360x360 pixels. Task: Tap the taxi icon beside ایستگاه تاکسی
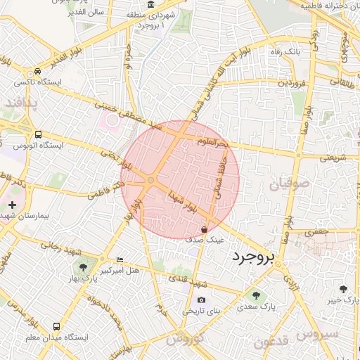pyautogui.click(x=37, y=72)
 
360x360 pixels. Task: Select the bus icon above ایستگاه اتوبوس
pyautogui.click(x=38, y=134)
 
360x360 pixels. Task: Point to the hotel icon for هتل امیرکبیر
pyautogui.click(x=120, y=259)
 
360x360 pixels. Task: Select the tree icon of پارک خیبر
pyautogui.click(x=343, y=289)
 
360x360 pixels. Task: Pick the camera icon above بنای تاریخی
pyautogui.click(x=202, y=300)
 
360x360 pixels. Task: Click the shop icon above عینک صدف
pyautogui.click(x=204, y=229)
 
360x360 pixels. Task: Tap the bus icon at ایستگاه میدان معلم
pyautogui.click(x=56, y=327)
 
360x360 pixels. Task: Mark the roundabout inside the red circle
pyautogui.click(x=150, y=181)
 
